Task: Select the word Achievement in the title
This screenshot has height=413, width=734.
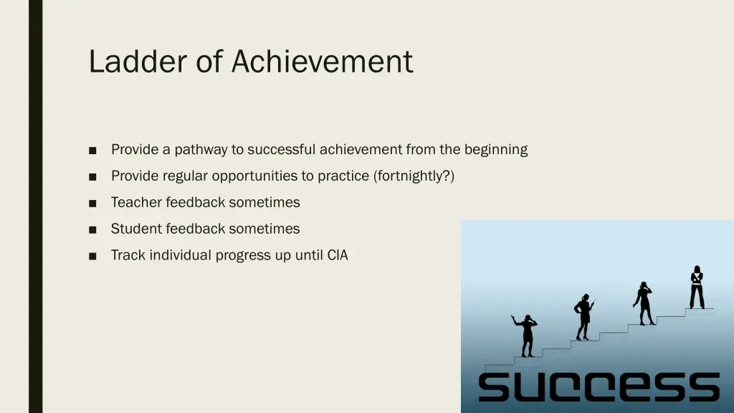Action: tap(322, 62)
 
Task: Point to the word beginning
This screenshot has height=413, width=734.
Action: tap(496, 150)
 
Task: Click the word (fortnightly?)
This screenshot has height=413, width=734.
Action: tap(414, 176)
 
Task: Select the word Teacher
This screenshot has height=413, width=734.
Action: tap(136, 202)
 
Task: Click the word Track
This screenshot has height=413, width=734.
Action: tap(128, 255)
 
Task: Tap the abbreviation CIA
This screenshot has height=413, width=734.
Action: tap(337, 255)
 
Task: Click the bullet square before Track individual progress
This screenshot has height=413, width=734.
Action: tap(93, 256)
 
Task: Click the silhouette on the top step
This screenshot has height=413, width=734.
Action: tap(696, 288)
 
